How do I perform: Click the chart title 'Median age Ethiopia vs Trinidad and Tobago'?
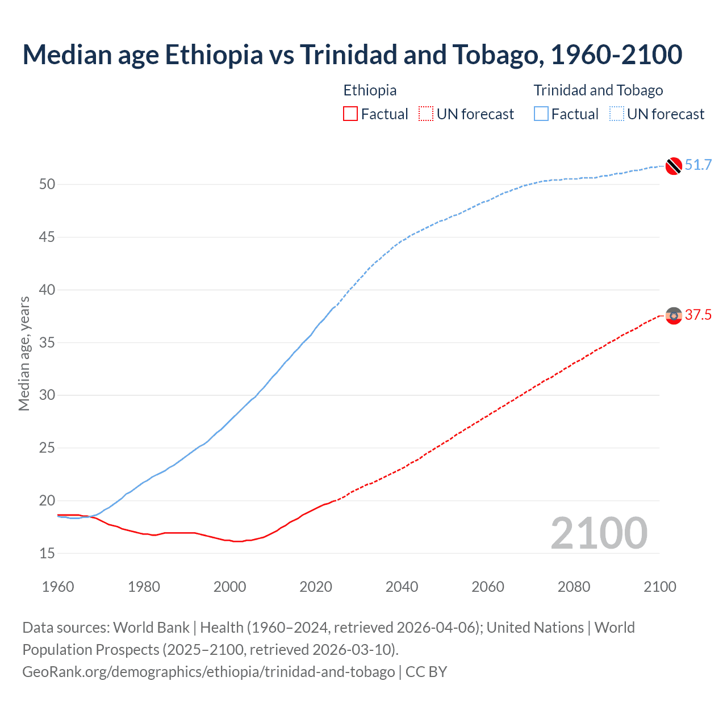click(352, 55)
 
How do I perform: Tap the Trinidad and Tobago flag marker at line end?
click(674, 165)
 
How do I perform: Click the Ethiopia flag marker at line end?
click(674, 315)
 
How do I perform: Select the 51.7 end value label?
click(698, 165)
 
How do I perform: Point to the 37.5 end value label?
click(698, 315)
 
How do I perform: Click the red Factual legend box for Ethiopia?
click(350, 114)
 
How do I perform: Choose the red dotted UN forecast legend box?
click(426, 114)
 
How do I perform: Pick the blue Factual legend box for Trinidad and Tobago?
click(541, 114)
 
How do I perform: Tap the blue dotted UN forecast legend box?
click(617, 114)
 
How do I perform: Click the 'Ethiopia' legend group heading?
click(370, 90)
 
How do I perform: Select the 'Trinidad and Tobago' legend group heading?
click(598, 90)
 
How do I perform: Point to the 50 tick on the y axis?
click(47, 185)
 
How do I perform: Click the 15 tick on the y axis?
click(47, 553)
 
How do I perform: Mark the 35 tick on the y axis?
click(47, 342)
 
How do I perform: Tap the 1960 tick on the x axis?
click(58, 587)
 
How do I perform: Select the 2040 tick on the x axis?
click(402, 587)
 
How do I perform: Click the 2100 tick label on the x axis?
click(660, 587)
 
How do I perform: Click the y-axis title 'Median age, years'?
click(24, 353)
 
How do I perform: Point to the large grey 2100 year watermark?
click(599, 533)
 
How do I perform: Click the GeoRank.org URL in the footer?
click(208, 672)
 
